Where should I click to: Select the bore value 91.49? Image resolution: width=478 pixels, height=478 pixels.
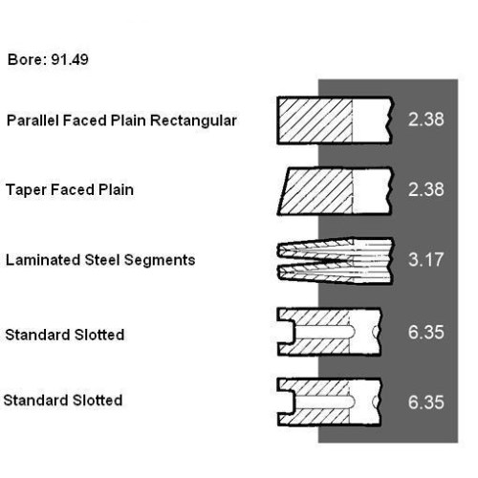click(x=70, y=59)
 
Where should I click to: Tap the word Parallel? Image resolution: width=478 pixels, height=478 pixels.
click(x=33, y=120)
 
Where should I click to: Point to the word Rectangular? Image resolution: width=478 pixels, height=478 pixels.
click(x=193, y=121)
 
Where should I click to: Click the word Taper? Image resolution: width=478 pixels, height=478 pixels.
click(x=26, y=190)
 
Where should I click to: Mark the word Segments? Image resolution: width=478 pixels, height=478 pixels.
click(x=160, y=261)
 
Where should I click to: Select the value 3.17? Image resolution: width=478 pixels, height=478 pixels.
click(x=425, y=260)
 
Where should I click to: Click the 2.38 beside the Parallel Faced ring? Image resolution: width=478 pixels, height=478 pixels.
click(x=425, y=119)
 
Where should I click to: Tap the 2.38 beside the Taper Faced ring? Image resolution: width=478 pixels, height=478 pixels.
click(x=425, y=189)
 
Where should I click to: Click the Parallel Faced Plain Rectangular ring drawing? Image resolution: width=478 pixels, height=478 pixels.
click(x=335, y=120)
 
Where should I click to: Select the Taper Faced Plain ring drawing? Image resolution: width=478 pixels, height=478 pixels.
click(x=335, y=191)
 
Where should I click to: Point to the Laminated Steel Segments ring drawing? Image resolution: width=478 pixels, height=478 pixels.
click(x=335, y=260)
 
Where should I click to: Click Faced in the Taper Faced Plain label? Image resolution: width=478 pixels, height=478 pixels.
click(x=73, y=190)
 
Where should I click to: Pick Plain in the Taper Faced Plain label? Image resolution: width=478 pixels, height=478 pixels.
click(x=116, y=190)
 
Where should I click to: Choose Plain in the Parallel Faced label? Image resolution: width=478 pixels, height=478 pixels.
click(x=128, y=120)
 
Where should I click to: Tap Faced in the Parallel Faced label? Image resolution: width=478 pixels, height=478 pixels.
click(x=84, y=120)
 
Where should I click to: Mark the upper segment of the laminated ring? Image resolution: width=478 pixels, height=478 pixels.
click(x=335, y=249)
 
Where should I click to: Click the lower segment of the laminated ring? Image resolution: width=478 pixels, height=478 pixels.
click(x=335, y=273)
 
